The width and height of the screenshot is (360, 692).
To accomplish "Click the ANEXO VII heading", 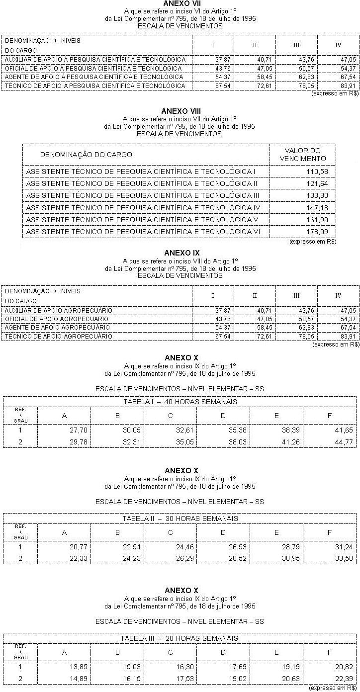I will (x=180, y=3).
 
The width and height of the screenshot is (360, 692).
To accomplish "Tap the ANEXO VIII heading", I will (x=180, y=111).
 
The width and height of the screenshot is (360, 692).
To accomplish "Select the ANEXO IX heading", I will (x=180, y=253).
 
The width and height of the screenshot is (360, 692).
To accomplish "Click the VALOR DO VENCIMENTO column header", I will (x=302, y=155).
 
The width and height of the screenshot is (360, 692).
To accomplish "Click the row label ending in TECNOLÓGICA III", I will (x=143, y=195).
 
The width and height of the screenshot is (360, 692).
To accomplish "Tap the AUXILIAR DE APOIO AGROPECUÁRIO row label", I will (x=58, y=310).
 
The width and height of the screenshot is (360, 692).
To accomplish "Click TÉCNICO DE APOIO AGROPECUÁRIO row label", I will (x=58, y=336).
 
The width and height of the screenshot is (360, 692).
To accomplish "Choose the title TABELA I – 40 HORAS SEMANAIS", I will (x=180, y=402).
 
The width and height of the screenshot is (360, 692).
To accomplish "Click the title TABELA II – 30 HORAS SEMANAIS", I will (x=180, y=519).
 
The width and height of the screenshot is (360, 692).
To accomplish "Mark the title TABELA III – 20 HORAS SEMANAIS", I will (x=180, y=638).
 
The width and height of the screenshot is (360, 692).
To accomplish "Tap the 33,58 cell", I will (x=343, y=558).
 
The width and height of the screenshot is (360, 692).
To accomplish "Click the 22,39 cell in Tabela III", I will (x=343, y=677).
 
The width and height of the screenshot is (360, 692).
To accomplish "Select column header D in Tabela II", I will (x=223, y=532).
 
